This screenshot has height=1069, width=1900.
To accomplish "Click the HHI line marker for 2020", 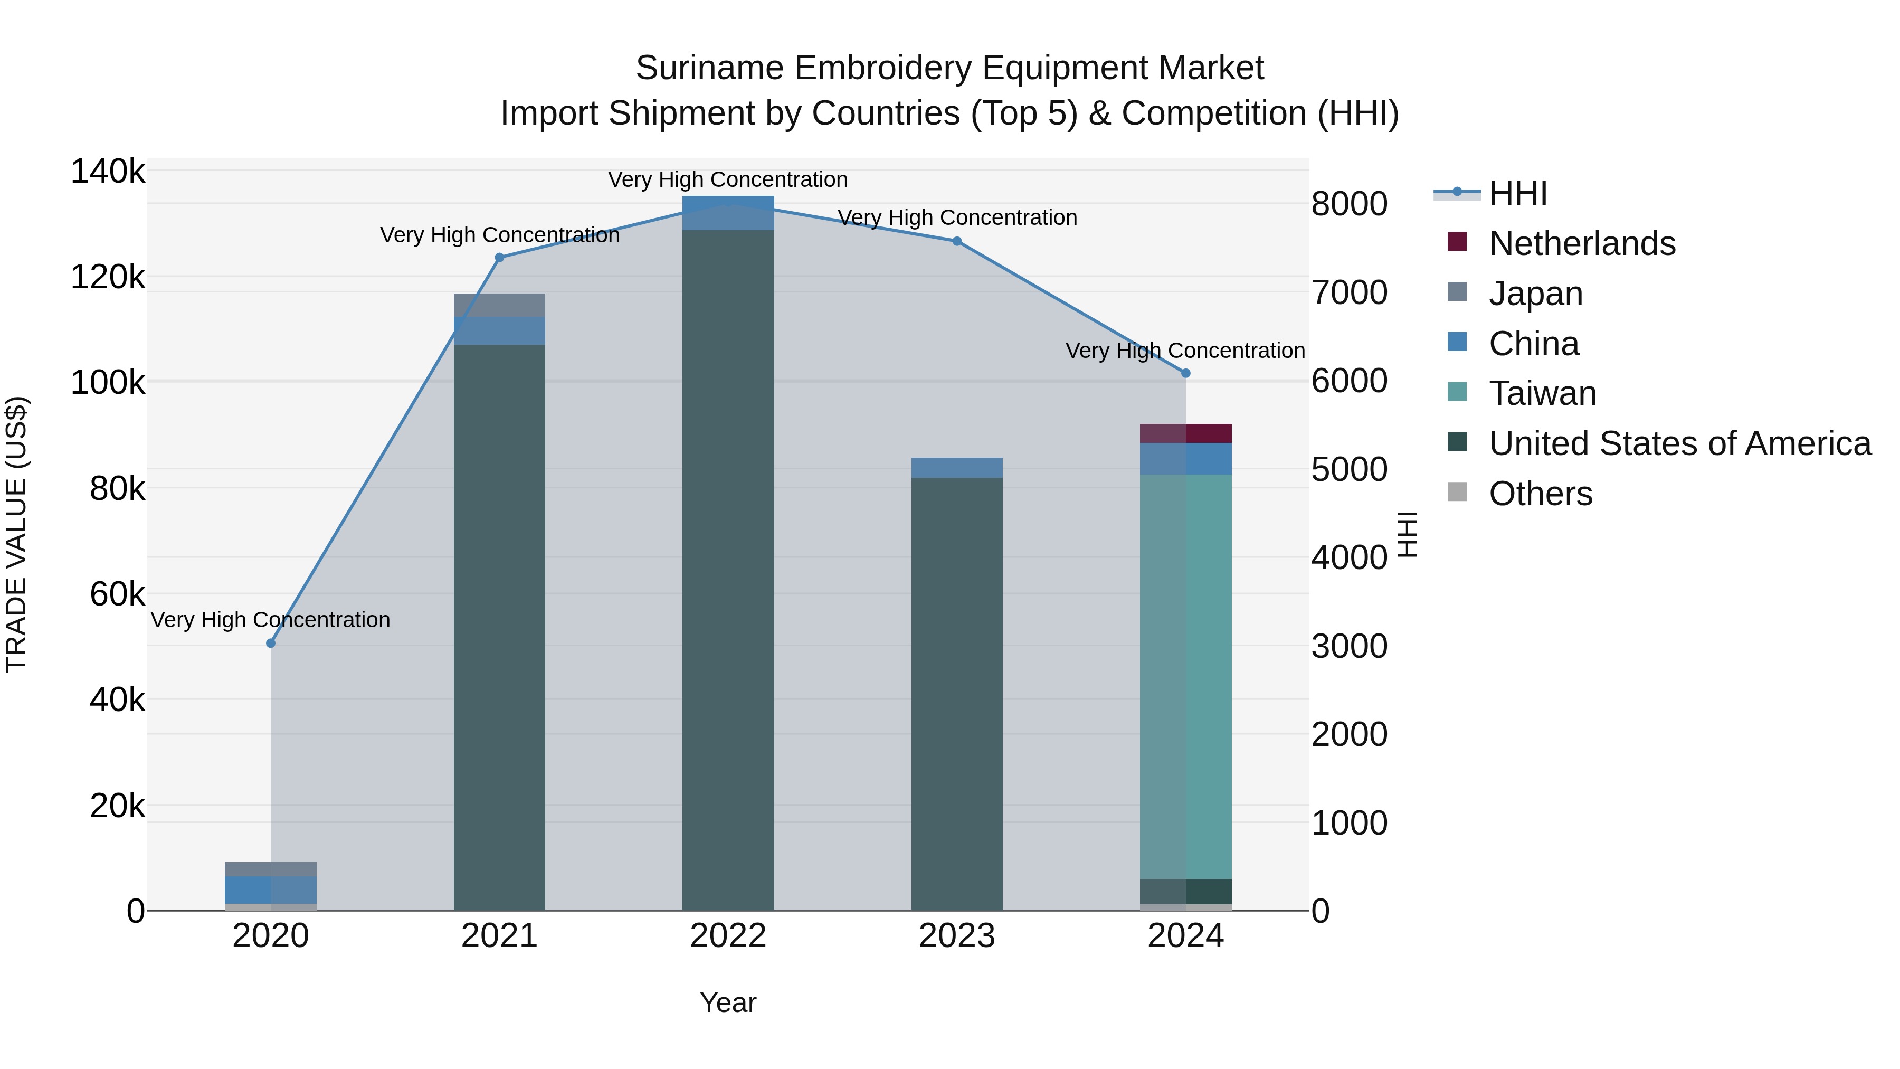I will (271, 644).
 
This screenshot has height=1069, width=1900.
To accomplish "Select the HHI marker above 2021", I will (499, 258).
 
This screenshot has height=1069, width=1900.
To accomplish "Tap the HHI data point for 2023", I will (957, 241).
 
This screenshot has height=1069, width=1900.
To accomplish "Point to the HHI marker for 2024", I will (1185, 373).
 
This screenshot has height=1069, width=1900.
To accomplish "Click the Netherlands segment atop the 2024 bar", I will (1185, 434).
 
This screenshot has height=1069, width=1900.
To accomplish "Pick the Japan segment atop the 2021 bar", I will (499, 305).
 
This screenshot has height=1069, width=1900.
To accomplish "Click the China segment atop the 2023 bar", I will (957, 468).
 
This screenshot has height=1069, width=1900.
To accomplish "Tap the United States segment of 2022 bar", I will (728, 568).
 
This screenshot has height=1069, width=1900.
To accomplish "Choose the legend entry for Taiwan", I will (1542, 393).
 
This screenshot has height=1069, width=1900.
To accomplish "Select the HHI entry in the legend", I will (1517, 193).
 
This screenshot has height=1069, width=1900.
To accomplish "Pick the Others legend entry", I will (1540, 494).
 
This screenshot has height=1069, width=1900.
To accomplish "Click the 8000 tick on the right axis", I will (1349, 204).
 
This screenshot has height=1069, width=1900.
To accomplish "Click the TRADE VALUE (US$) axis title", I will (17, 534).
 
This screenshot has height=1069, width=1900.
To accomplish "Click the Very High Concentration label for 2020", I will (271, 620).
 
